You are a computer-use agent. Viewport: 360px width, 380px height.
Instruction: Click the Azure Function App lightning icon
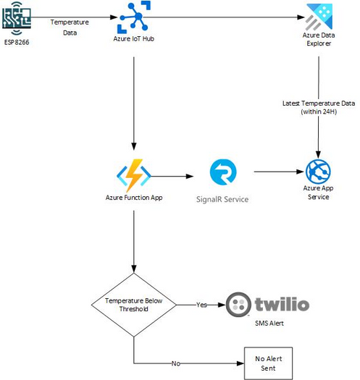tap(133, 174)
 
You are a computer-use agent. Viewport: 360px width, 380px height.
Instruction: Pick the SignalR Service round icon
tap(222, 172)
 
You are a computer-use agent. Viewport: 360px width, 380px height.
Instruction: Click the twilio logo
tap(268, 305)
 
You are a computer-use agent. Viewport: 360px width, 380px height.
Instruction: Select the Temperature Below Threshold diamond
tap(133, 305)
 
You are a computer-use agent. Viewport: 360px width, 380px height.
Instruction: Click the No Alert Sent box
tap(264, 363)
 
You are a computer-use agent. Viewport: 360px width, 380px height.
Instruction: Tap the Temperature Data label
tap(70, 27)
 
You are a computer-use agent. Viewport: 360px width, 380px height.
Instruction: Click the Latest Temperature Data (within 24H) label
tap(319, 108)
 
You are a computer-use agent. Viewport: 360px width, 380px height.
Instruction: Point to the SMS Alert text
tap(265, 323)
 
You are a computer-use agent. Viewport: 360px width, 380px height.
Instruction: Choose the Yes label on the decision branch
tap(201, 305)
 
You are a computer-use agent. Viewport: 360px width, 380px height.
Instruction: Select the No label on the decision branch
tap(176, 363)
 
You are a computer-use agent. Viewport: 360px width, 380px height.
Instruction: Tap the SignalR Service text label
tap(222, 198)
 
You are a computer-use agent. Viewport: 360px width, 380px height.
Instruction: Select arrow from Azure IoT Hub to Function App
tap(133, 101)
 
